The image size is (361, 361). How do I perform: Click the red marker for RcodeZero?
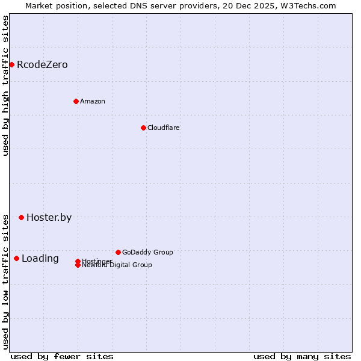[x=11, y=64]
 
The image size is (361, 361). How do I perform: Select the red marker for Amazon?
[x=76, y=101]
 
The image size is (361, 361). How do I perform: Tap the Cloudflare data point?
[x=143, y=128]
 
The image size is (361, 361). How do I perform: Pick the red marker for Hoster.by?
[x=21, y=217]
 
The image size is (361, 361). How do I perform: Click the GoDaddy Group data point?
[x=118, y=252]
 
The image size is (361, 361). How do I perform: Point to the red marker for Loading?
[x=16, y=258]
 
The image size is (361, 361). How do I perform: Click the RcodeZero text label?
[x=42, y=64]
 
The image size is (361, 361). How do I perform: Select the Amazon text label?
[x=93, y=101]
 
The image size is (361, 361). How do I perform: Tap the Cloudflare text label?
[x=164, y=128]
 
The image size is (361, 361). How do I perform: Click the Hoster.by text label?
[x=49, y=217]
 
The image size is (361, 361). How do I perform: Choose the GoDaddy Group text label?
[x=147, y=252]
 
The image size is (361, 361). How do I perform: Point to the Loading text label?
[x=40, y=258]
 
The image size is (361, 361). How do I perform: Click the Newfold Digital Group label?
[x=117, y=265]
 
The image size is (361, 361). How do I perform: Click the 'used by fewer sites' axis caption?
[x=62, y=356]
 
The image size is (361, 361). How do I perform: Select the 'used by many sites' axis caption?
[x=302, y=356]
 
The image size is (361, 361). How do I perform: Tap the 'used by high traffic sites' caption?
[x=5, y=85]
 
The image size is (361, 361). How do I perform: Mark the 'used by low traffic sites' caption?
[x=5, y=281]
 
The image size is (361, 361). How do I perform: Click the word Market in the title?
[x=40, y=5]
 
